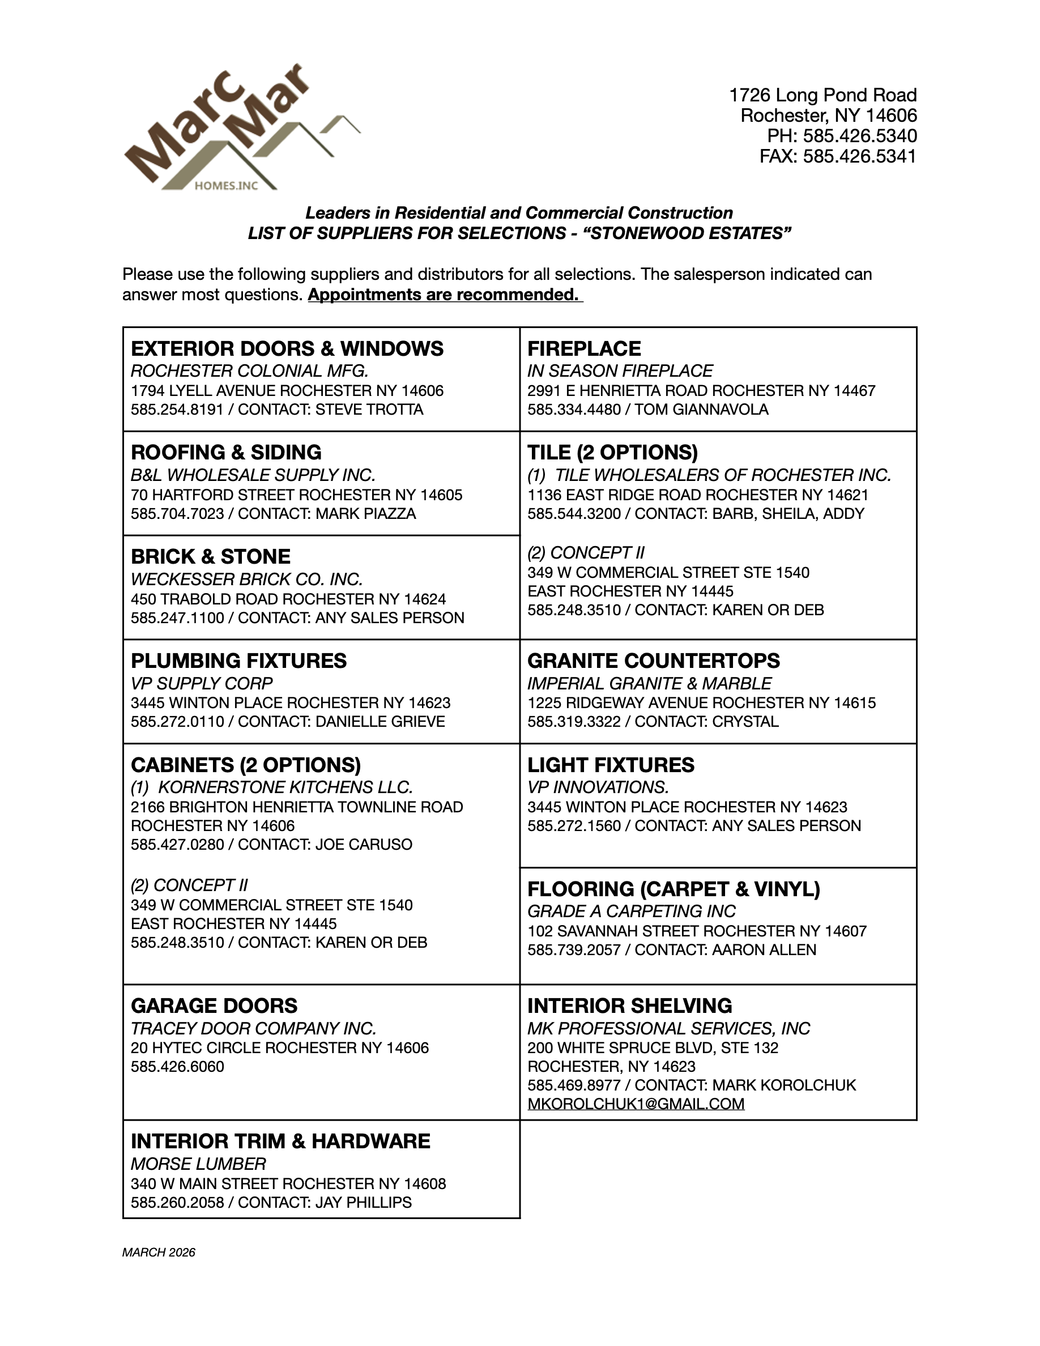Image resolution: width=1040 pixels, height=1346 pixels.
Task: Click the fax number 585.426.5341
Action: coord(859,156)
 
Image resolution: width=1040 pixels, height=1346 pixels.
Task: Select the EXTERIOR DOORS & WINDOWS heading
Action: coord(287,349)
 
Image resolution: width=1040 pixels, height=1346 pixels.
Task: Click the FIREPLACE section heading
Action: coord(584,349)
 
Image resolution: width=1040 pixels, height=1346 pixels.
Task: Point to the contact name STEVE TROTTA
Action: coord(369,410)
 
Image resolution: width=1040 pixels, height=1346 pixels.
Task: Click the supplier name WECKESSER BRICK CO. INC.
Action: coord(246,580)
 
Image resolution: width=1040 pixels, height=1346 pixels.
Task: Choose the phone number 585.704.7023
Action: coord(177,514)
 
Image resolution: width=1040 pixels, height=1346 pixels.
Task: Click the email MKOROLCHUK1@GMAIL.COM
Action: coord(636,1104)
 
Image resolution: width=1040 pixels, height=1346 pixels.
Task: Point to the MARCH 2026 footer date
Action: coord(159,1253)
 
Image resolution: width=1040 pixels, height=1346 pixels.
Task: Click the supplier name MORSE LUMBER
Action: coord(198,1164)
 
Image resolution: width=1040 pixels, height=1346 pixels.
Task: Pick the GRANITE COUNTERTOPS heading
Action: coord(654,661)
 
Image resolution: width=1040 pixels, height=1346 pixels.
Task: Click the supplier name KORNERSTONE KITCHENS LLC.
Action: coord(285,787)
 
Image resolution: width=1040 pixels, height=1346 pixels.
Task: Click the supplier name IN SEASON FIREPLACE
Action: coord(620,371)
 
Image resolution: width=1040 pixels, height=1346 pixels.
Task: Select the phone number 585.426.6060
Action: coord(177,1067)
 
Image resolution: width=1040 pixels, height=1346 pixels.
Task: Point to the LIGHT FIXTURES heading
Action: coord(611,765)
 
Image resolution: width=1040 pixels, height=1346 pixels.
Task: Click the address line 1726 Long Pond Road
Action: coord(823,96)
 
